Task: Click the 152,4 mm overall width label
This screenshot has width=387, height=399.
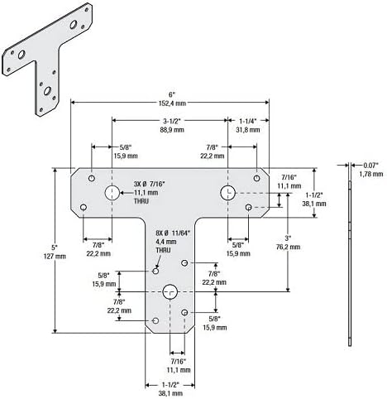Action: (x=172, y=103)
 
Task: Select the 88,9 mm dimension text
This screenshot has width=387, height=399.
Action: (x=172, y=130)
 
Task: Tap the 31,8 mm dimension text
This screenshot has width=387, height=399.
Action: (x=248, y=130)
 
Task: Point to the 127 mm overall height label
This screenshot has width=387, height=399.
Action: (x=55, y=257)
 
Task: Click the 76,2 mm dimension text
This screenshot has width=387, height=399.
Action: (x=288, y=247)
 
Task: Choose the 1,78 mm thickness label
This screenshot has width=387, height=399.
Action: (x=371, y=174)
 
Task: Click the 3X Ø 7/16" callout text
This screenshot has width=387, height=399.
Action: (x=150, y=184)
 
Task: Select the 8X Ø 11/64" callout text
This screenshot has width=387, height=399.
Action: (x=174, y=233)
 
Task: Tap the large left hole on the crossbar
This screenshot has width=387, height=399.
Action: (x=112, y=193)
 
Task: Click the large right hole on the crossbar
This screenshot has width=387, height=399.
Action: (x=227, y=193)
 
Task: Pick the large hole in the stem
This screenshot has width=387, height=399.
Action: (x=170, y=291)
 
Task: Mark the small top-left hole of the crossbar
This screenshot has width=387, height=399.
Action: (x=92, y=178)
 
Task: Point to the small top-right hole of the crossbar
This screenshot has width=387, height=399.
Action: (x=257, y=178)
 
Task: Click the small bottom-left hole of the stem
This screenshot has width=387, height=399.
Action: (x=155, y=320)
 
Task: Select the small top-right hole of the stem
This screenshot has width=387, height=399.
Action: (x=184, y=262)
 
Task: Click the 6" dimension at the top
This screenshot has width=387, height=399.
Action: (x=172, y=94)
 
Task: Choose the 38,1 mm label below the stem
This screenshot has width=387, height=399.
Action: (x=170, y=393)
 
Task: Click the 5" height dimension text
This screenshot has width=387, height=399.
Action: (x=55, y=247)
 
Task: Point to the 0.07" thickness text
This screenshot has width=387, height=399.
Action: (x=371, y=166)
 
